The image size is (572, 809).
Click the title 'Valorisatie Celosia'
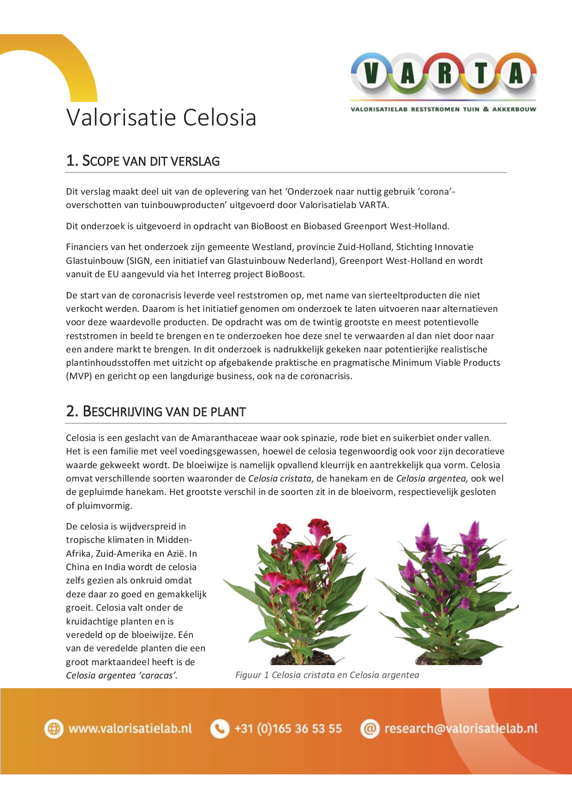point(161,117)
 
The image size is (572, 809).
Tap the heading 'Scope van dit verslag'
point(143,161)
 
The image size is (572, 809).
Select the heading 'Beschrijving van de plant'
point(156,411)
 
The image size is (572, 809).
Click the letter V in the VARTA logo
point(372,74)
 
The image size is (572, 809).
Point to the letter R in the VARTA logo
point(444,74)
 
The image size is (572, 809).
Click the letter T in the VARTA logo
point(480,74)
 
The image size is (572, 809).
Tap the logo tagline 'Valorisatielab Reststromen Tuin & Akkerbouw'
point(443,109)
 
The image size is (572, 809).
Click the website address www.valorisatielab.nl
point(130,729)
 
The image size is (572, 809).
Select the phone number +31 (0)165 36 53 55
point(288,729)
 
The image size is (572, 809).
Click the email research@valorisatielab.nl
point(461,729)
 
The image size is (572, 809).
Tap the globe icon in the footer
point(54,729)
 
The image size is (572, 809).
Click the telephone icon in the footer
point(220,729)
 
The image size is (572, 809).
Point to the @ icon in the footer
point(369,729)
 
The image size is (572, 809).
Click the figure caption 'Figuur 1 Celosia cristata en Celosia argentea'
point(327,675)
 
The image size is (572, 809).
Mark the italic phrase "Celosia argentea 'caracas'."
point(122,676)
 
